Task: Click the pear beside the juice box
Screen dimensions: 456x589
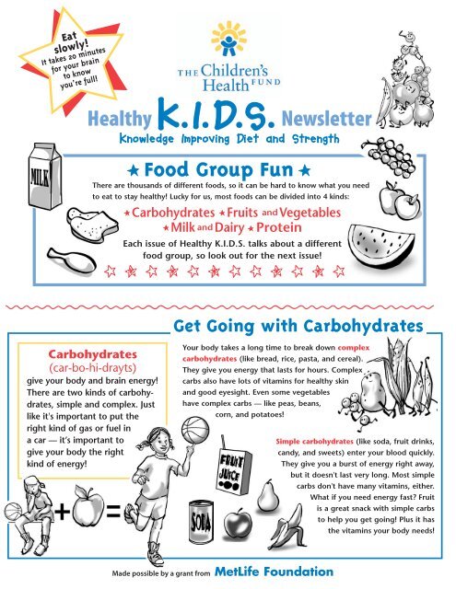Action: click(267, 496)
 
